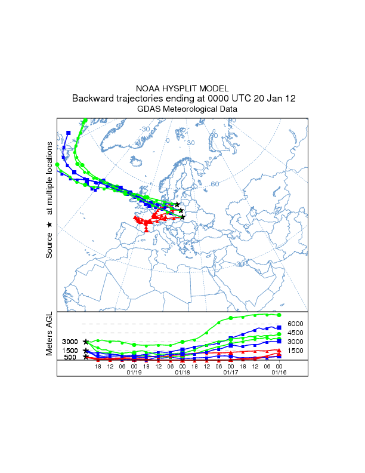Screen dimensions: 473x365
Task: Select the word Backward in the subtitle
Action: point(92,99)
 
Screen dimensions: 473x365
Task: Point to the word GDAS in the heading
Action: point(149,109)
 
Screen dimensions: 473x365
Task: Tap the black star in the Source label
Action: point(50,225)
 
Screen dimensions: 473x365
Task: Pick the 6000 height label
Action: point(296,323)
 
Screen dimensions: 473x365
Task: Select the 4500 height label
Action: point(296,333)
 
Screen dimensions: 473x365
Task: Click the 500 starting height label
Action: point(70,357)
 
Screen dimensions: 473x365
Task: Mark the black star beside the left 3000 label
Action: point(86,342)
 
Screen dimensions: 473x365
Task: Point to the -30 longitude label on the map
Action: point(144,129)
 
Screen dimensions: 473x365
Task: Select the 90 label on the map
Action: point(232,121)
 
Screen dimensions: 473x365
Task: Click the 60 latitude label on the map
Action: point(215,184)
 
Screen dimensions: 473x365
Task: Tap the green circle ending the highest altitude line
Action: point(279,315)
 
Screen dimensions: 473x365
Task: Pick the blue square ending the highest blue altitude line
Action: point(279,327)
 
